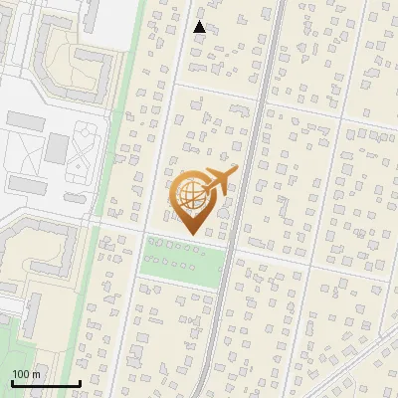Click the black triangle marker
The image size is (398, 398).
(200, 27)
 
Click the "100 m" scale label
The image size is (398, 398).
(26, 373)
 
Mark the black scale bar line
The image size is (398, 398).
(46, 383)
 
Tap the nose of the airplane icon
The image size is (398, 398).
(236, 170)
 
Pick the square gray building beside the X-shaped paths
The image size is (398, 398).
(57, 149)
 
